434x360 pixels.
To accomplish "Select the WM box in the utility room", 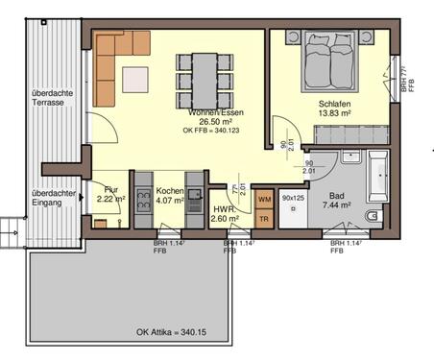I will [265, 199].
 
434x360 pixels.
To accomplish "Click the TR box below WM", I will [265, 218].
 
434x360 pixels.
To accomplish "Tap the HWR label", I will [225, 210].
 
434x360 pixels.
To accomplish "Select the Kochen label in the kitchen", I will [169, 190].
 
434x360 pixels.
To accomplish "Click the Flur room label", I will [112, 189].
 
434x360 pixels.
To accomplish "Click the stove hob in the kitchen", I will [142, 203].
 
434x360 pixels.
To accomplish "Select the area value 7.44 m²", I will [336, 205].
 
